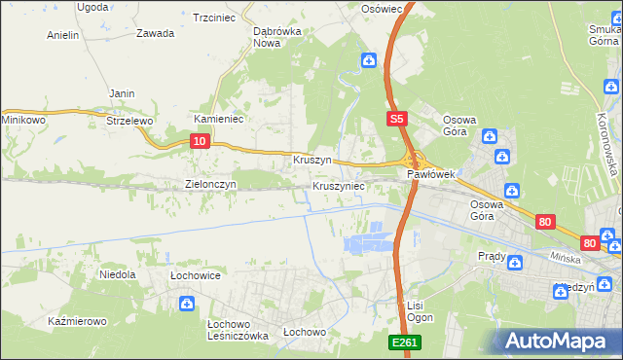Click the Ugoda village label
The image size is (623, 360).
[x=92, y=7]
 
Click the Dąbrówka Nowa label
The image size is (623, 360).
[x=275, y=36]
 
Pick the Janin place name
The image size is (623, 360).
[x=122, y=93]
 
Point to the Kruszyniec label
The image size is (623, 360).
[x=338, y=185]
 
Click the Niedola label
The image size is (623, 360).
[x=118, y=275]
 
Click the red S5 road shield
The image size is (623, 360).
[x=394, y=120]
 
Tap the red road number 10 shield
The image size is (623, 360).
[x=199, y=141]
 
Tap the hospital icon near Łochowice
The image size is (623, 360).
[x=186, y=305]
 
